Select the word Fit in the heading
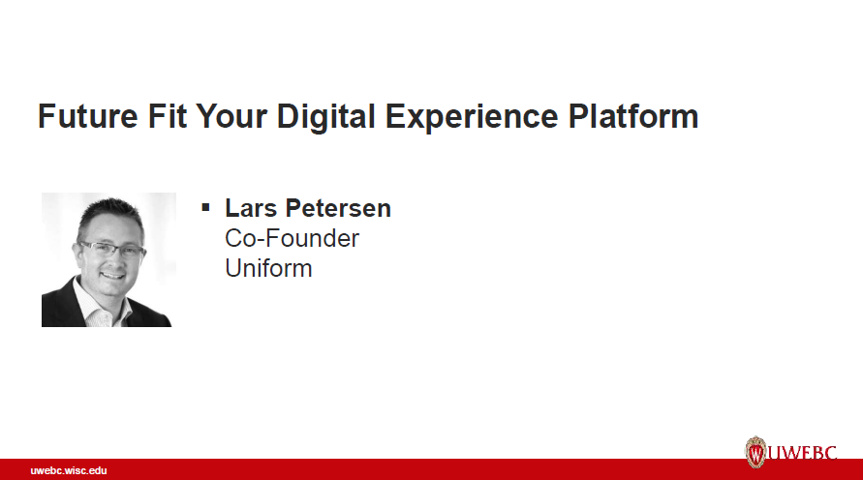click(167, 116)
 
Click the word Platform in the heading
click(631, 116)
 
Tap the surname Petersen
click(339, 208)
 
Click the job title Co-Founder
click(292, 238)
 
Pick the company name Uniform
click(268, 268)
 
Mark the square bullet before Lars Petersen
click(205, 207)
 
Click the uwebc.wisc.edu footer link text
click(68, 470)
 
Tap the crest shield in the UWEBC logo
click(755, 452)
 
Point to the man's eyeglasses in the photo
click(110, 250)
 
